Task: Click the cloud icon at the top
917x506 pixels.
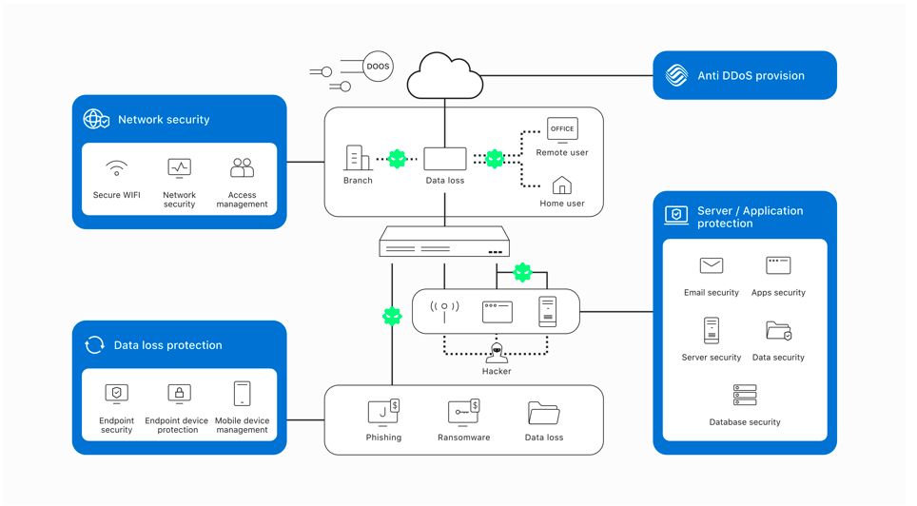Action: [444, 76]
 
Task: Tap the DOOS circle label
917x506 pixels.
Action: [378, 67]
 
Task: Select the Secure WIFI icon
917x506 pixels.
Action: [116, 168]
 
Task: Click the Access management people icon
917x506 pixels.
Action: [243, 167]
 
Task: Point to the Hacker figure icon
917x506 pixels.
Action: [497, 353]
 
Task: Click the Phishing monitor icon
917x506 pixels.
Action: [383, 412]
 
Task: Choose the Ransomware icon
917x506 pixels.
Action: [464, 412]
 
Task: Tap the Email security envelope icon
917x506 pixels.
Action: [712, 266]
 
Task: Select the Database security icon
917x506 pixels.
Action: [745, 395]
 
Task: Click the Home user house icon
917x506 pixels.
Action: [561, 185]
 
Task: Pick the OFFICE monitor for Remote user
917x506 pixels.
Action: [562, 130]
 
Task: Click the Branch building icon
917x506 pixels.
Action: [358, 158]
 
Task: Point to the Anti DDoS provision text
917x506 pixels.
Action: [751, 75]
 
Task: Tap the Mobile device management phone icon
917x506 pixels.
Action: [243, 394]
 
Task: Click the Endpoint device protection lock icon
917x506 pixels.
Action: [179, 394]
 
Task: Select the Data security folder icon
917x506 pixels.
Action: [778, 331]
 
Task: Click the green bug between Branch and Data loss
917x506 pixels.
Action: [397, 159]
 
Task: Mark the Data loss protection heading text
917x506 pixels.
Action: [167, 345]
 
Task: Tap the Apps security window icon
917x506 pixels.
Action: [778, 265]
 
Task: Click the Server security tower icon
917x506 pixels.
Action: [712, 330]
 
